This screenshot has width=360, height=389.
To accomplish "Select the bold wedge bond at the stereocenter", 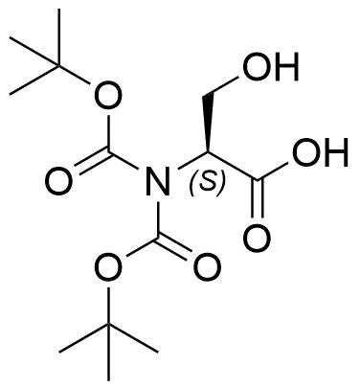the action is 208,123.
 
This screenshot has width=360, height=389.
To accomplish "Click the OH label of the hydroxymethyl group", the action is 271,66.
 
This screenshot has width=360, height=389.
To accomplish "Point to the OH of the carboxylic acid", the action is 320,152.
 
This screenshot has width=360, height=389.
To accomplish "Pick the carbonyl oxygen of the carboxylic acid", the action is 257,238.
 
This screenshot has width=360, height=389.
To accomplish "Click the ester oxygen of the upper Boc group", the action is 109,95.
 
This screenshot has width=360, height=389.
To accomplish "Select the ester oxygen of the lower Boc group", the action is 109,267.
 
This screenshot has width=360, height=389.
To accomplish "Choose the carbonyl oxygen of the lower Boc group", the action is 208,267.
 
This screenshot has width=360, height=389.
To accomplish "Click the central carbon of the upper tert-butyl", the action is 59,66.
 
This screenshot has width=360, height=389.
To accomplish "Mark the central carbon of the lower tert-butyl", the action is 109,324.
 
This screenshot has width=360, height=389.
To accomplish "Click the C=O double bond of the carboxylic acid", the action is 258,199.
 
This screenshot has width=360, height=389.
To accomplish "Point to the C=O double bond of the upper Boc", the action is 92,162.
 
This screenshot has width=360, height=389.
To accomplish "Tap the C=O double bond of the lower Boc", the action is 175,248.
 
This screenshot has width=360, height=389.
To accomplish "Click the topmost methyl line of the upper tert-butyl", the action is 59,37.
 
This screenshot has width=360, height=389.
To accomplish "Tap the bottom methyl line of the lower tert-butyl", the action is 109,353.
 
